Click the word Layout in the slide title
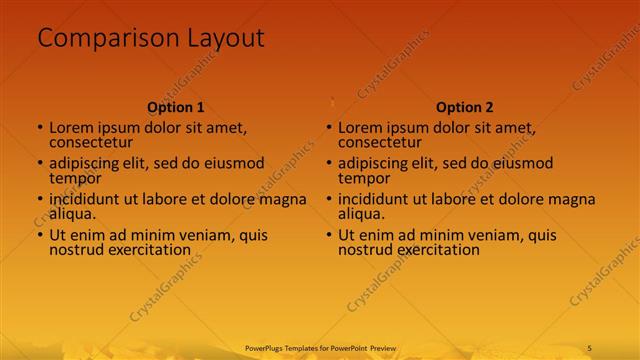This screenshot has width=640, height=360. pos(225,39)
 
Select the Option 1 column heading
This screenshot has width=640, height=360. pos(176,107)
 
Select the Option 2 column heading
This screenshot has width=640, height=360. pos(465,107)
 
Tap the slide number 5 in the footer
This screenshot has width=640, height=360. pos(590,347)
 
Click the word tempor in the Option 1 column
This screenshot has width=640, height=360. pos(72,178)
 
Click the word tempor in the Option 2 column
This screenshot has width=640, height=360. pos(361,178)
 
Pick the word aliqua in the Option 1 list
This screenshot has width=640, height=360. pos(72,214)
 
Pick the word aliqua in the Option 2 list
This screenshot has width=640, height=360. pos(361,214)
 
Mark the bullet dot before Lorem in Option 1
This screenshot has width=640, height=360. pos(40,128)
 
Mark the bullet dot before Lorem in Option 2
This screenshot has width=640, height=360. pos(329,128)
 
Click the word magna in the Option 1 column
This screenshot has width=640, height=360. pos(283,199)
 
